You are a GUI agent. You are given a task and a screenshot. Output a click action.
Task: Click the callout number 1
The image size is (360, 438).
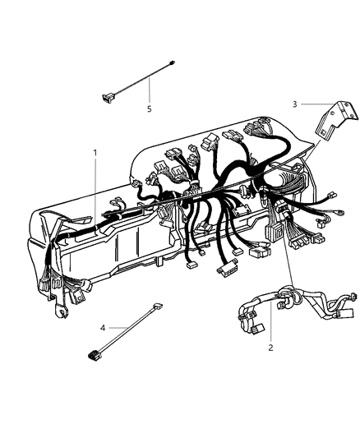pyautogui.click(x=95, y=153)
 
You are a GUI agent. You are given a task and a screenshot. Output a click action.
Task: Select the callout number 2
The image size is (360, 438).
pyautogui.click(x=270, y=348)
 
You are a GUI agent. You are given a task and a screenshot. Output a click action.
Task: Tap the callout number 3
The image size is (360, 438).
pyautogui.click(x=294, y=104)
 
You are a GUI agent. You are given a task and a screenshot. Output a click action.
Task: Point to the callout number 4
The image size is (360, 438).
pyautogui.click(x=103, y=328)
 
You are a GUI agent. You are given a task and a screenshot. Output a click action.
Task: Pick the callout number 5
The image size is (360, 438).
pyautogui.click(x=150, y=109)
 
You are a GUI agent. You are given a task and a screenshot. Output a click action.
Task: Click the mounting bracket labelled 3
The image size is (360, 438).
pyautogui.click(x=336, y=119)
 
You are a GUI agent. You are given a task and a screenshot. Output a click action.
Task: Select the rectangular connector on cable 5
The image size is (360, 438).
pyautogui.click(x=108, y=96)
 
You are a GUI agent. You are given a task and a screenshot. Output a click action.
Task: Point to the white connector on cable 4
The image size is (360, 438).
pyautogui.click(x=158, y=306)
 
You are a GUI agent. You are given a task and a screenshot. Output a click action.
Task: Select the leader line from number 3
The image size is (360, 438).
pyautogui.click(x=318, y=104)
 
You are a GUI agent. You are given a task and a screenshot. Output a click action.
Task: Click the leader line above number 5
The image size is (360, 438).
pyautogui.click(x=150, y=90)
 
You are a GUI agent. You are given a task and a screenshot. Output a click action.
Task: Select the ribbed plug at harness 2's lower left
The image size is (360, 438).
pyautogui.click(x=257, y=329)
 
